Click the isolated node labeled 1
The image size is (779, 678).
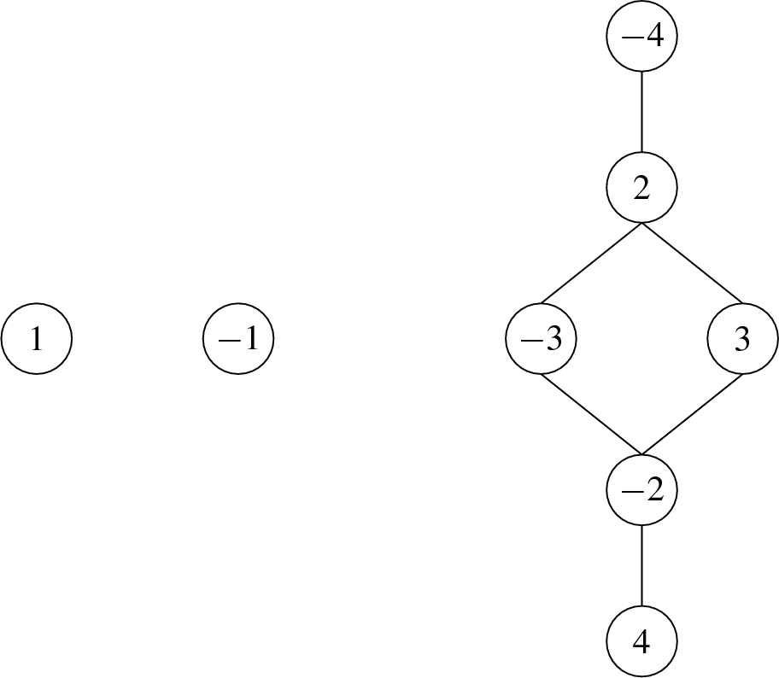[37, 340]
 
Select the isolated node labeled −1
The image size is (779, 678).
[239, 340]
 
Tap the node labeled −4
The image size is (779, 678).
[641, 38]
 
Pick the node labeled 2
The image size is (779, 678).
[641, 189]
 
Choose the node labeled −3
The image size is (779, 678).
[541, 340]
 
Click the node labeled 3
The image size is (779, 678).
[742, 340]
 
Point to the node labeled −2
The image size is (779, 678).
[641, 491]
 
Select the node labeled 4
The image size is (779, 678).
[641, 642]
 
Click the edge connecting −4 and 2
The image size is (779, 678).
[641, 113]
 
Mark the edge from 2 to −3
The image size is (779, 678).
[591, 264]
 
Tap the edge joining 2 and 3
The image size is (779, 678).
[692, 264]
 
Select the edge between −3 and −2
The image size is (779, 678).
[591, 416]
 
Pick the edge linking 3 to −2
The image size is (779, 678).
[692, 416]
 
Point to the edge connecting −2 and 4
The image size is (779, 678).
[641, 566]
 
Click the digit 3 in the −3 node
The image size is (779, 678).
[552, 340]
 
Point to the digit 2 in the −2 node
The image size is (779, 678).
[653, 491]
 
